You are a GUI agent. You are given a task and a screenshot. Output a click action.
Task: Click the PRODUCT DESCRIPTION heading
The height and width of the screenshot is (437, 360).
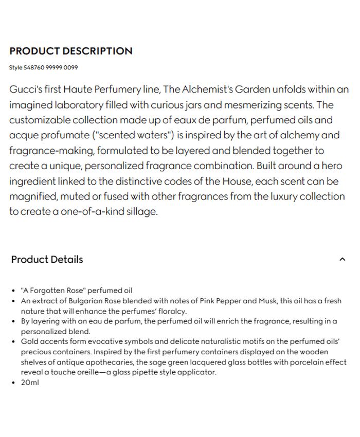pyautogui.click(x=71, y=51)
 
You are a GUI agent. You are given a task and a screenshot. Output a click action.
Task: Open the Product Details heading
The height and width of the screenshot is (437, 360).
pyautogui.click(x=47, y=260)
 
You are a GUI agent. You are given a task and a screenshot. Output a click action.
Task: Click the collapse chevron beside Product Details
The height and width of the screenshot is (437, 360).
pyautogui.click(x=343, y=260)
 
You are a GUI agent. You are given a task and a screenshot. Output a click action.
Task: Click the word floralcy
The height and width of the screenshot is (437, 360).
pyautogui.click(x=173, y=311)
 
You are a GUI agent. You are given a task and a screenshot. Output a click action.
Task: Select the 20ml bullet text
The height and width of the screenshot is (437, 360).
pyautogui.click(x=30, y=383)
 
